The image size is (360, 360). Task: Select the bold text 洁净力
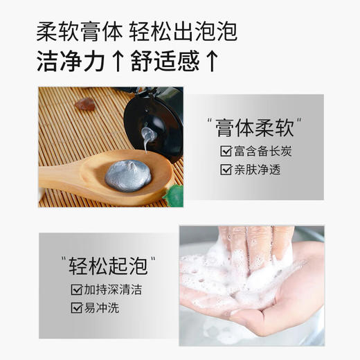click(x=67, y=62)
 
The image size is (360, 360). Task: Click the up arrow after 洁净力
click(x=116, y=62)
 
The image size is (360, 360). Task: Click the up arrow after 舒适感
click(x=213, y=62)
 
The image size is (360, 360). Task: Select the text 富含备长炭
click(x=260, y=151)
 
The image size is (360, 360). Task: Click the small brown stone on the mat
click(x=86, y=105)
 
